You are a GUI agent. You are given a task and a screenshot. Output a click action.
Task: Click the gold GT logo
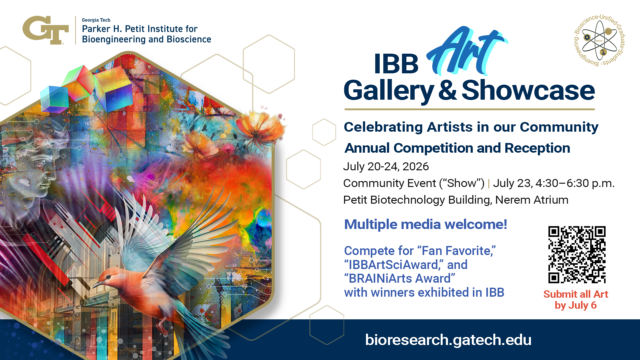point(46,30)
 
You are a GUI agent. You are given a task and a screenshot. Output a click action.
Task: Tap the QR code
point(577,255)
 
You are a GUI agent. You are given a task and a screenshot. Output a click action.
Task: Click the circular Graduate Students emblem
point(599,40)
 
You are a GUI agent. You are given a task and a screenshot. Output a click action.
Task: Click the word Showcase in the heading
point(528,90)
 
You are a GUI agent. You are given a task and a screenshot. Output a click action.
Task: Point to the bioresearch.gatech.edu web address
point(448,340)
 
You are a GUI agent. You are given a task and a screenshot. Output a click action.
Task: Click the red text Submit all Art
point(576,294)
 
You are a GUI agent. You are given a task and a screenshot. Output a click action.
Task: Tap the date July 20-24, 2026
point(386,166)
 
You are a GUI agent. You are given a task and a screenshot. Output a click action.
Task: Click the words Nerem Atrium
point(532,200)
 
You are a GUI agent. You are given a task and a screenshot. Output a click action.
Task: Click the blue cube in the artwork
point(53,98)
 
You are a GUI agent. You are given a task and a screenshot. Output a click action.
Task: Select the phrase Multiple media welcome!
point(426,224)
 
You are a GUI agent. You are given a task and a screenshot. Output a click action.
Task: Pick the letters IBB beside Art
point(396,64)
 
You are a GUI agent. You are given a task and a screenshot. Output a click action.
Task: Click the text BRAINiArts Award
point(400,279)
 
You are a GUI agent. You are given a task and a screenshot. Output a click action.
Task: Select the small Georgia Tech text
point(96,20)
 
